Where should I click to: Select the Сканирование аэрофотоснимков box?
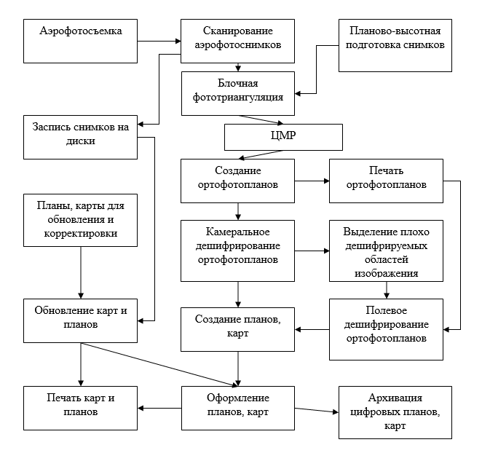pyautogui.click(x=238, y=41)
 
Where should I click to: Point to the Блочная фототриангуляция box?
pyautogui.click(x=238, y=92)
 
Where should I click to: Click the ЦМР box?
pyautogui.click(x=283, y=136)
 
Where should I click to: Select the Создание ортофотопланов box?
pyautogui.click(x=238, y=181)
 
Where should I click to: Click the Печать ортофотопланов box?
pyautogui.click(x=387, y=181)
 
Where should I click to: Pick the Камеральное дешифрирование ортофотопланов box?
pyautogui.click(x=238, y=250)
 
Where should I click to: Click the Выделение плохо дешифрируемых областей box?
pyautogui.click(x=387, y=251)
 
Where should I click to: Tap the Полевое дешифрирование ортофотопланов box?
pyautogui.click(x=387, y=329)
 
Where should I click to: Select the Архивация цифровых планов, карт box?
pyautogui.click(x=395, y=411)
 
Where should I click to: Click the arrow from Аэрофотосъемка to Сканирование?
pyautogui.click(x=157, y=41)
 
